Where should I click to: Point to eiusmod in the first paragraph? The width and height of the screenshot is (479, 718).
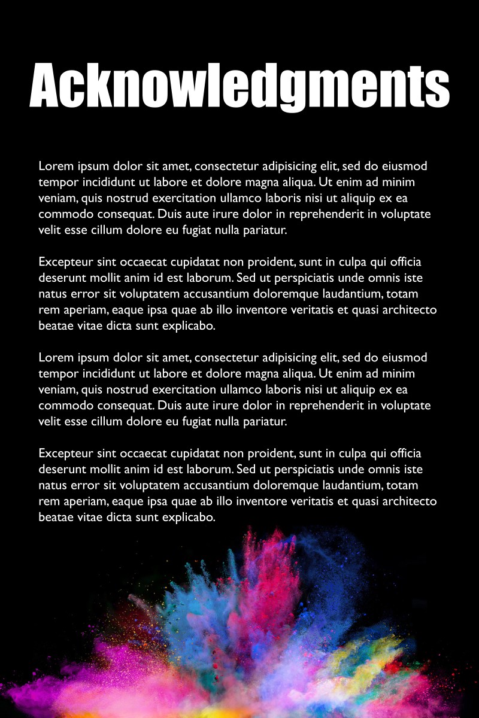tap(404, 166)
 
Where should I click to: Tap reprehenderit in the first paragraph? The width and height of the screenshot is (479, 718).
tap(324, 214)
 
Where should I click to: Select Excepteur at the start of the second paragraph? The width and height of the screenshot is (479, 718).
tap(64, 262)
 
